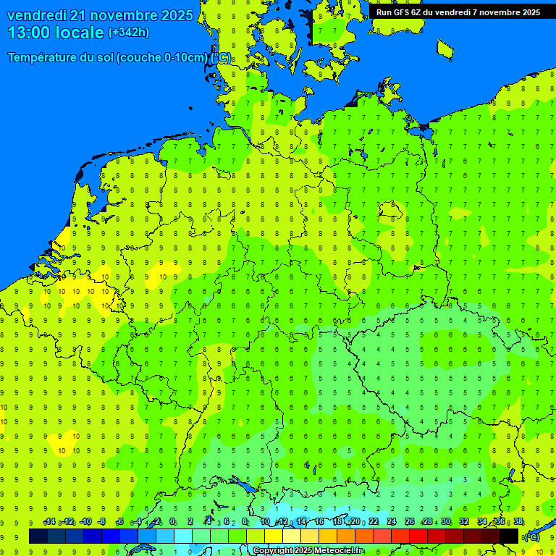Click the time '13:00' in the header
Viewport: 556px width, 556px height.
tap(29, 33)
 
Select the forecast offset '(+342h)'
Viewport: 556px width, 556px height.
tap(128, 33)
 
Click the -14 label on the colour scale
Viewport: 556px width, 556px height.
tap(49, 522)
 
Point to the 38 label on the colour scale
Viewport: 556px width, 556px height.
tap(518, 522)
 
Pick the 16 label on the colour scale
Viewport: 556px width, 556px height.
tap(319, 522)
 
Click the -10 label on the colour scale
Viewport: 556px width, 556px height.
tap(85, 522)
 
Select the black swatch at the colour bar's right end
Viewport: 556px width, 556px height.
tap(509, 536)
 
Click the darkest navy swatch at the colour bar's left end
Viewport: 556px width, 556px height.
tap(38, 536)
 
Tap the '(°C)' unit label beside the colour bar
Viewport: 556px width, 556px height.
tap(532, 536)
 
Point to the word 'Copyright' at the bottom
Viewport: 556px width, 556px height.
tap(273, 551)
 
